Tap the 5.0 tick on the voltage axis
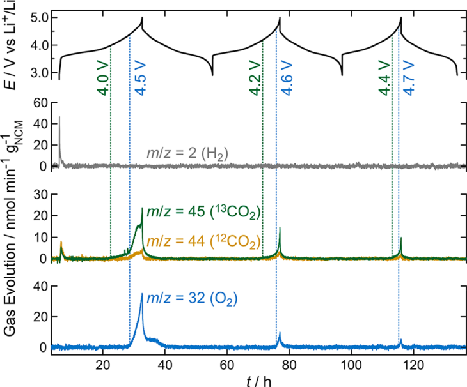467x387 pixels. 39,17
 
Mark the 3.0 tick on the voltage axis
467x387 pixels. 39,73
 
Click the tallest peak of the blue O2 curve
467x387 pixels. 141,294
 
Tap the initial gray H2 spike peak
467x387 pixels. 59,117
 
